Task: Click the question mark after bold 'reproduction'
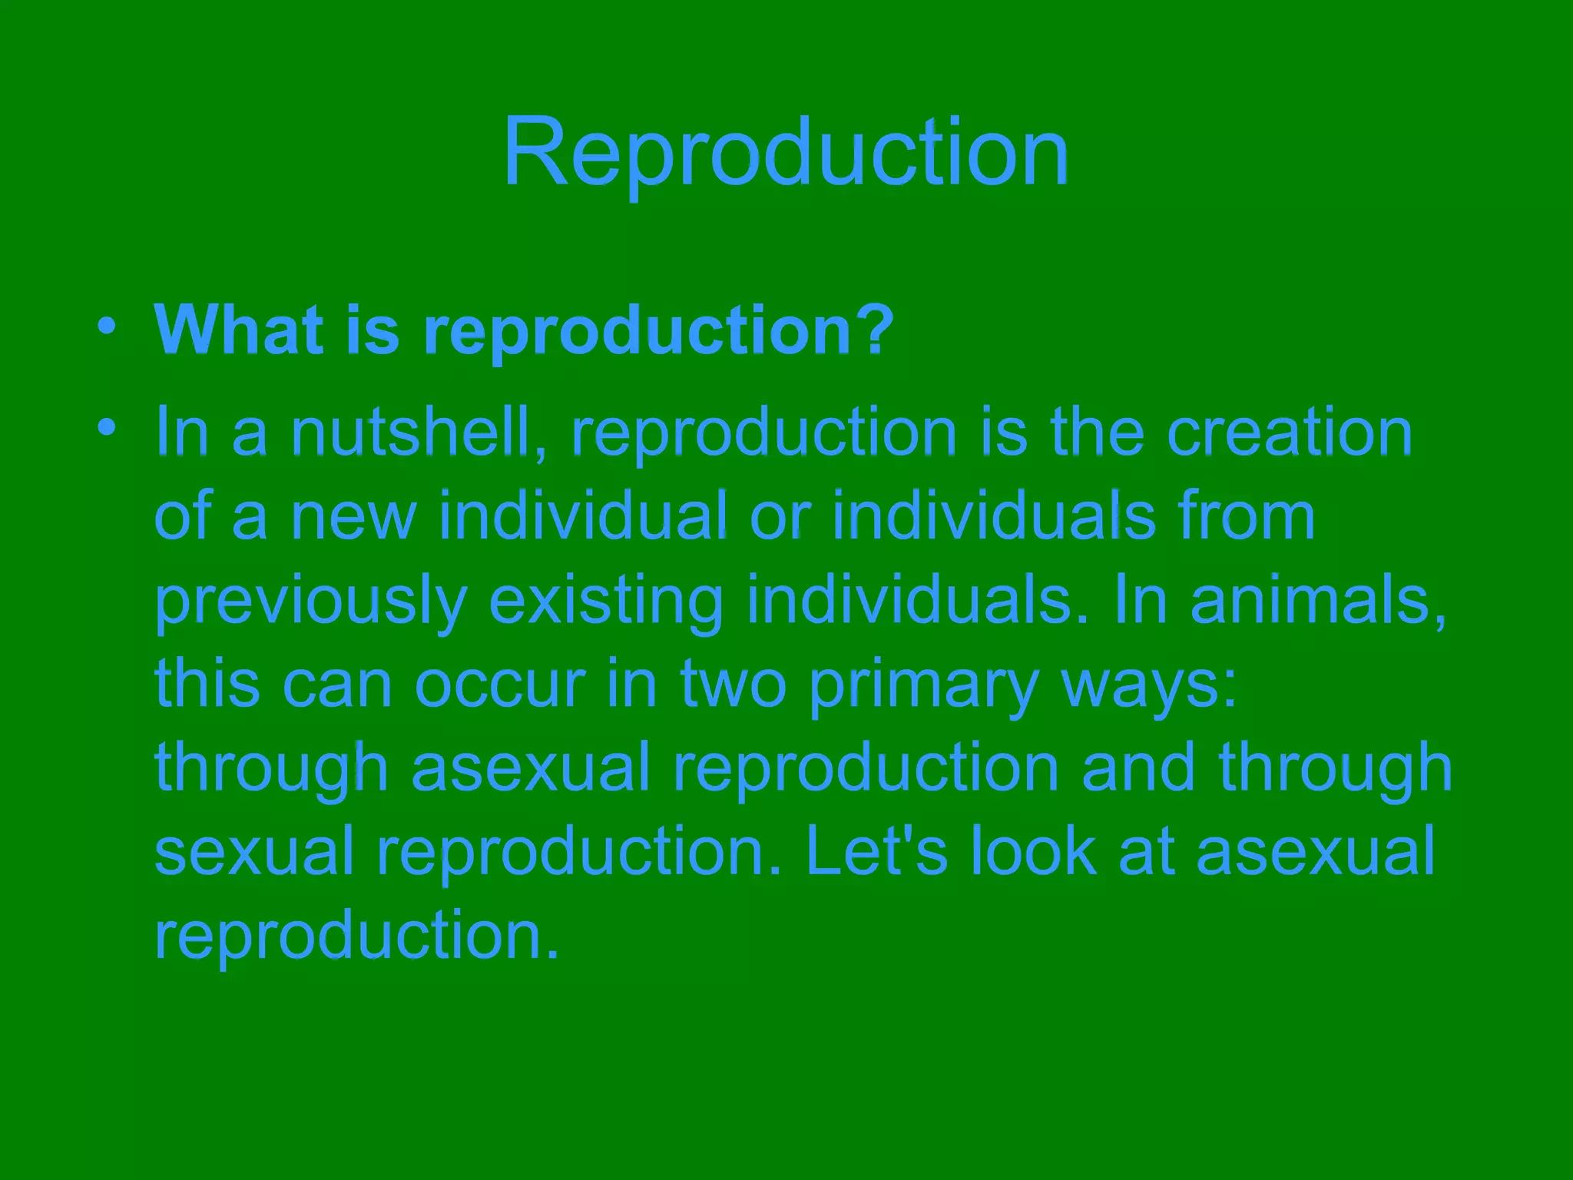(x=874, y=330)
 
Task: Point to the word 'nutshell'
(x=419, y=433)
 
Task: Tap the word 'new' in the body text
(x=353, y=517)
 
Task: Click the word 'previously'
(x=310, y=602)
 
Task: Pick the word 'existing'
(x=605, y=602)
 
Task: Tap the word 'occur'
(x=500, y=684)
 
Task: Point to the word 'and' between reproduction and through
(x=1138, y=767)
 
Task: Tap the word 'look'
(x=1033, y=850)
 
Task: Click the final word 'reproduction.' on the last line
(x=356, y=936)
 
